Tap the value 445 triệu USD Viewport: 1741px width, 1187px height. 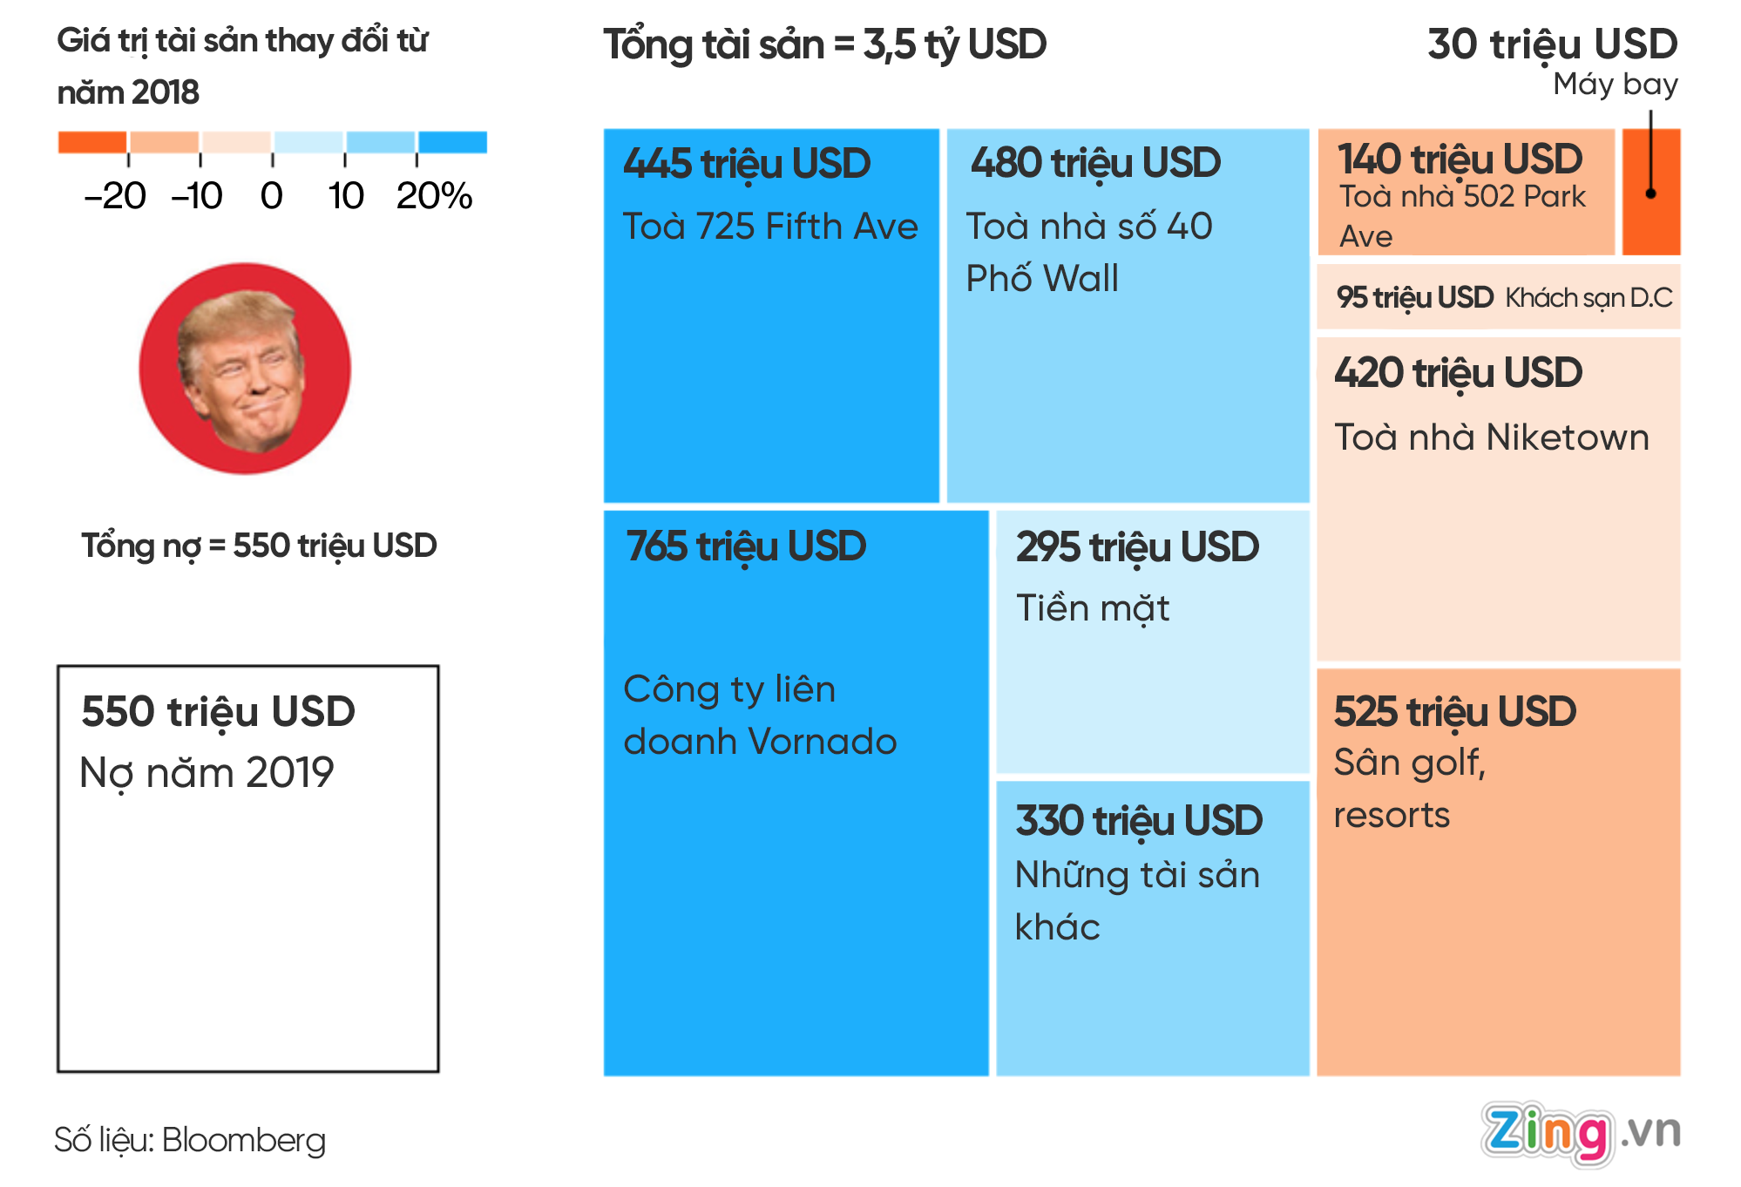pos(747,164)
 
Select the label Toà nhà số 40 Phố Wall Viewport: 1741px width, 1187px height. pos(1088,252)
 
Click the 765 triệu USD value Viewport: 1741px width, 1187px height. pos(746,546)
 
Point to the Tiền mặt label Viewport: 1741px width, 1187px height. pos(1093,608)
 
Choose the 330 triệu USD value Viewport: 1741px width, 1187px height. pos(1139,821)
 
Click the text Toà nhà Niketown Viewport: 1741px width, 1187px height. pos(1491,437)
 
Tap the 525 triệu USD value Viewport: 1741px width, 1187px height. pos(1454,712)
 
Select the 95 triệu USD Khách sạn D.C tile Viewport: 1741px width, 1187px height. pos(1499,298)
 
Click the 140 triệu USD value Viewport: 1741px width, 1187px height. pos(1460,159)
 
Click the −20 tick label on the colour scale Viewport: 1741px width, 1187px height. pos(115,196)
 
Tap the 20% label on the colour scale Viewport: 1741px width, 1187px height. pos(434,196)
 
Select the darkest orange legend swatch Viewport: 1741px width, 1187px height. pos(92,142)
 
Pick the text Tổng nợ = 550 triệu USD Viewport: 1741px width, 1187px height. pos(259,546)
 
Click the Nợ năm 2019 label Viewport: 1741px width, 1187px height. pos(207,773)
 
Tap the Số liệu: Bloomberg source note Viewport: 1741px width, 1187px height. pos(190,1140)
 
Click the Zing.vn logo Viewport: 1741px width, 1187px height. pos(1579,1133)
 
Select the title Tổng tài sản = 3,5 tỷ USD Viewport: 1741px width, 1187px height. pos(824,45)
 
